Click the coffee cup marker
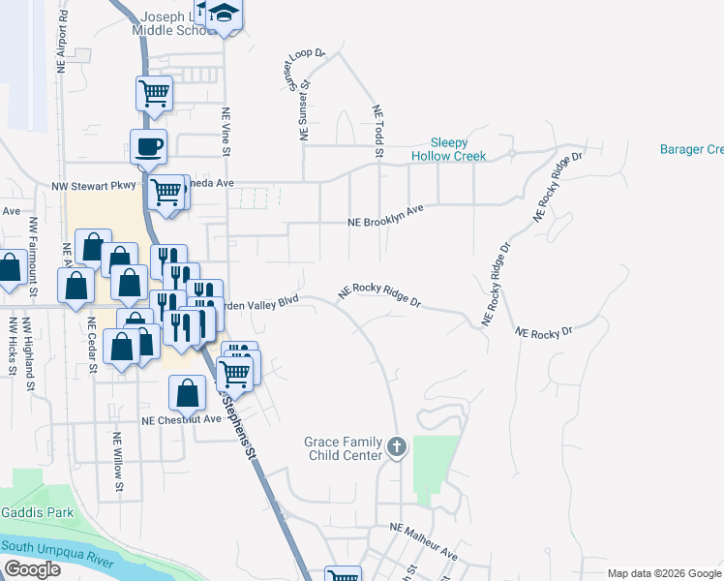(x=148, y=147)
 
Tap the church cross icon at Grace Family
(x=395, y=447)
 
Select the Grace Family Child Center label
(x=344, y=447)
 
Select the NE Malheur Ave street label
(x=423, y=541)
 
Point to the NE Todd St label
(x=378, y=132)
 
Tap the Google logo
(x=31, y=569)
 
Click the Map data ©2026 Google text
(x=663, y=573)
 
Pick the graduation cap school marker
(x=224, y=14)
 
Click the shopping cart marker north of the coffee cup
(x=154, y=94)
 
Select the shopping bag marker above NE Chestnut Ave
(x=187, y=393)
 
